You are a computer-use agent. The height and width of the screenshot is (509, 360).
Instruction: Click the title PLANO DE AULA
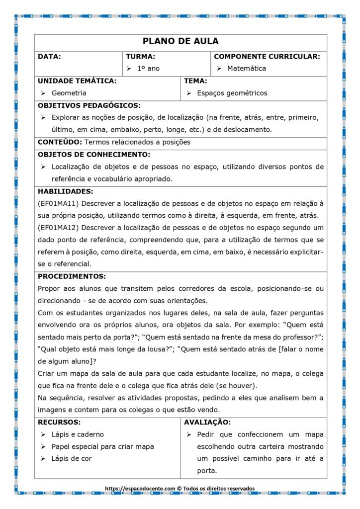[180, 41]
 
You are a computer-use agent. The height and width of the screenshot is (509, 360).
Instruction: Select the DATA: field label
[49, 57]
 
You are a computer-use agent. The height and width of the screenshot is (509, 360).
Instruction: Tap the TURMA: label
[140, 57]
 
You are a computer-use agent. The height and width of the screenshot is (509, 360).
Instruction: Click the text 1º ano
[149, 69]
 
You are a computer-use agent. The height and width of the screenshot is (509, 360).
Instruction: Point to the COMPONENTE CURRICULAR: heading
[267, 57]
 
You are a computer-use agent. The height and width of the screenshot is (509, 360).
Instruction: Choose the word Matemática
[247, 69]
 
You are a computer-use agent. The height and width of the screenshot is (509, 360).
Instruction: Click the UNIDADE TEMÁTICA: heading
[77, 81]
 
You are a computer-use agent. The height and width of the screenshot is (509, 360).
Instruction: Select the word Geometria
[69, 93]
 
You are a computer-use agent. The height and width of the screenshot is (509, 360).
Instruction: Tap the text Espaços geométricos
[232, 93]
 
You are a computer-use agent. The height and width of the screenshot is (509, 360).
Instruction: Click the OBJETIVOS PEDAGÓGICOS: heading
[89, 105]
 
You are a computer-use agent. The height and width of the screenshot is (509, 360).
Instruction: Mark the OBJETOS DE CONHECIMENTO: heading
[94, 155]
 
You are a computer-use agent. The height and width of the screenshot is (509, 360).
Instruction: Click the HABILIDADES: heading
[65, 191]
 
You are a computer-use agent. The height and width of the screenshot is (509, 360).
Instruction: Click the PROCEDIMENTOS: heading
[72, 276]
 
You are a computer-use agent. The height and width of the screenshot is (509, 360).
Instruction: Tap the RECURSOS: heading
[59, 423]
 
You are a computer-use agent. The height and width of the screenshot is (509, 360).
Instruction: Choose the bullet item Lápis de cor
[72, 459]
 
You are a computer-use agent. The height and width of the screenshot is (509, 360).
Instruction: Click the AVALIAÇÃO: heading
[207, 423]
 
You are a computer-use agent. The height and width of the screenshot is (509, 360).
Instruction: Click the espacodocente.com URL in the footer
[140, 489]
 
